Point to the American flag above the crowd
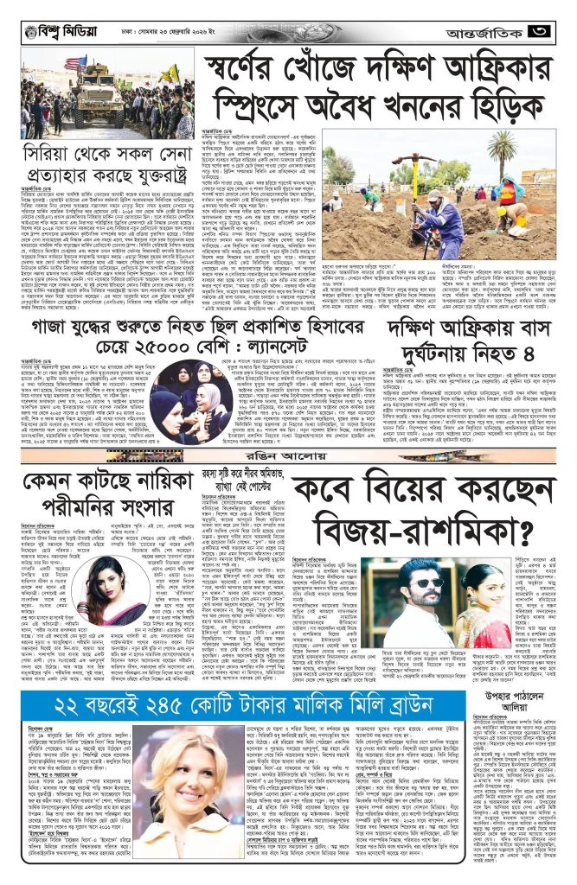(71, 62)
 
